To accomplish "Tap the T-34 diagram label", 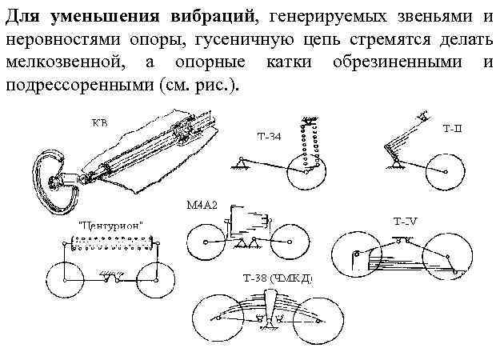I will (268, 136).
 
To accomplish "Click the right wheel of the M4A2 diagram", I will (286, 242).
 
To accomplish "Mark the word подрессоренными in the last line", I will (81, 84).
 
